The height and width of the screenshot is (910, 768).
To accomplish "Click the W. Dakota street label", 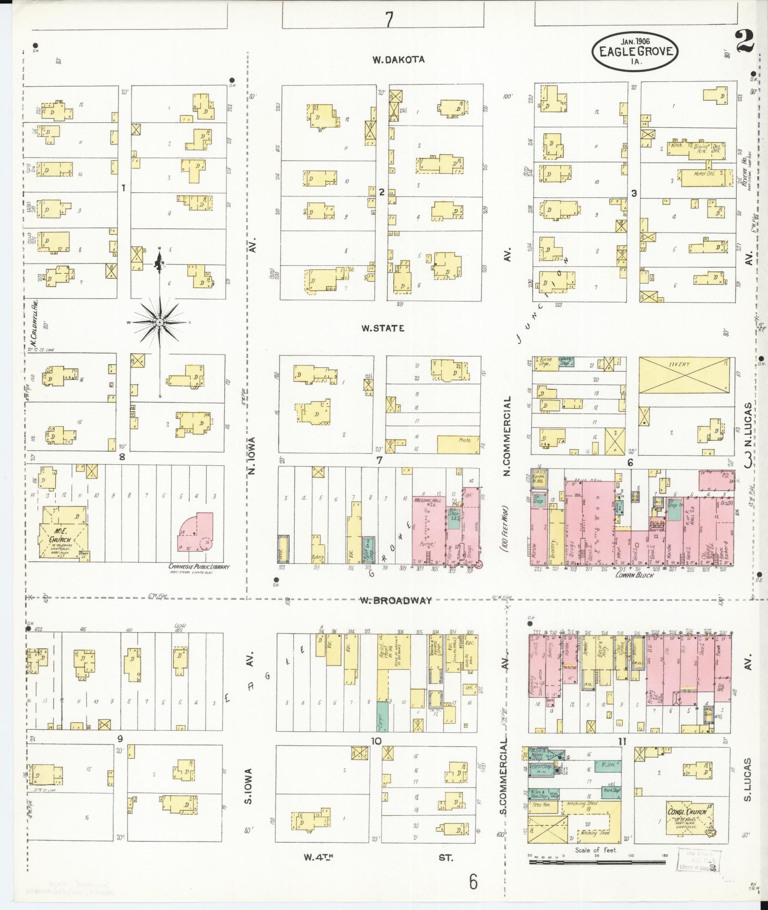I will (398, 60).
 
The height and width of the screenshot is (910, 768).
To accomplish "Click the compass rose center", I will (160, 323).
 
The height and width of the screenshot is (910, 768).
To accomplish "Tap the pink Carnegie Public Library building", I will (196, 532).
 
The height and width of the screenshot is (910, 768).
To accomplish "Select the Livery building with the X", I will (684, 376).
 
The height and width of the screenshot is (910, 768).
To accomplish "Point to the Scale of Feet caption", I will (596, 850).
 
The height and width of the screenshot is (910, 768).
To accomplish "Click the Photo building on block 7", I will (458, 444).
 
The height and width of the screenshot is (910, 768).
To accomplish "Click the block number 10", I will (376, 741).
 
